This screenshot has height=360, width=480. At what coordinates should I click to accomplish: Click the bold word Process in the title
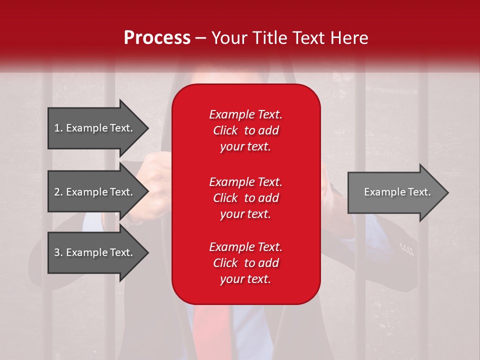coord(157,38)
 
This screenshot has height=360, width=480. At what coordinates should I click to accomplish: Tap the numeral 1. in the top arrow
coord(58,128)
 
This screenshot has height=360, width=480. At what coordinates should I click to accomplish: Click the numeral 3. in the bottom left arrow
coord(58,252)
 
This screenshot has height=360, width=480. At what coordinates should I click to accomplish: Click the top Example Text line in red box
coord(245,114)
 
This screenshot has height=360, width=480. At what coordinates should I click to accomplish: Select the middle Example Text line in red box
coord(245,181)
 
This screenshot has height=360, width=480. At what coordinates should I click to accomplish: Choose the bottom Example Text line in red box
coord(245,247)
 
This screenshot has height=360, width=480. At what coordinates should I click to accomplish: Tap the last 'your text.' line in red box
coord(245,279)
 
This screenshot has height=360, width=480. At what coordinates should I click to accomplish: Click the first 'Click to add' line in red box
coord(245,130)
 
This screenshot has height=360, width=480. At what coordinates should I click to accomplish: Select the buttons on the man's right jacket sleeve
coord(407,249)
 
